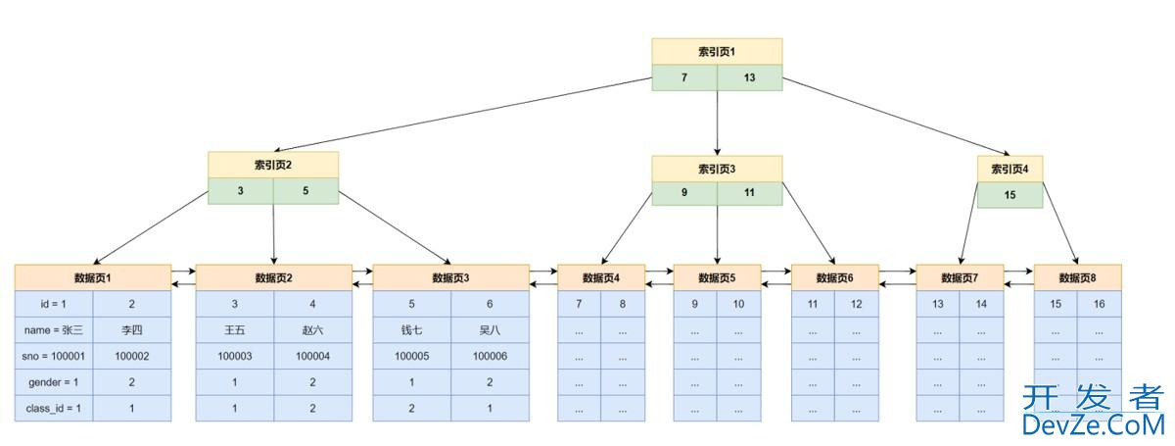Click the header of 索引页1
(717, 51)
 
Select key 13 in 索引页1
(749, 77)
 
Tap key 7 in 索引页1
(684, 77)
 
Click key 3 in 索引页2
(240, 191)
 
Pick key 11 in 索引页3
(749, 193)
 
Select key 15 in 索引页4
(1010, 195)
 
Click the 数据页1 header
(93, 277)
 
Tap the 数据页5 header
(717, 277)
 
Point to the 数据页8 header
(1077, 277)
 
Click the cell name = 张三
(54, 330)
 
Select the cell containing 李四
(131, 330)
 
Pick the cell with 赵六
(313, 330)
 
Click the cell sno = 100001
(54, 356)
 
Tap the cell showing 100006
(490, 356)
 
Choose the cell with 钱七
(411, 330)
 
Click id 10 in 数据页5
(738, 304)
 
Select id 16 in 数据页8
(1099, 304)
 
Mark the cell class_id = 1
(54, 408)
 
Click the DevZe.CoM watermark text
(1093, 424)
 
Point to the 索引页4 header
(1010, 169)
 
